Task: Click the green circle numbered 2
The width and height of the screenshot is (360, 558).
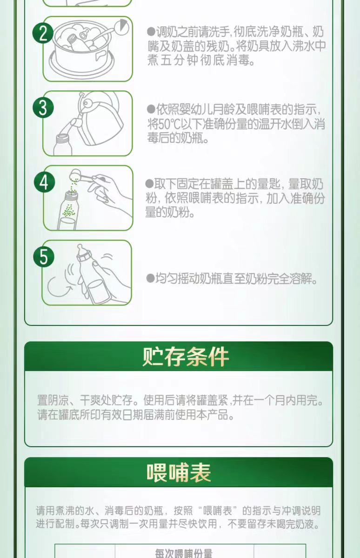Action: point(43,33)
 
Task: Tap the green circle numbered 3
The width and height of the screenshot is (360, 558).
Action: point(43,107)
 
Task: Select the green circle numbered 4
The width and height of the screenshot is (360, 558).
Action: point(44,182)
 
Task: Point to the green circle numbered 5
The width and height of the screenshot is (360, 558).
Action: point(44,257)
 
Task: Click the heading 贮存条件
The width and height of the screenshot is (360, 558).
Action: point(186,357)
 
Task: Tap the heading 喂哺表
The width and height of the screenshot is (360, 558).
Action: point(179,472)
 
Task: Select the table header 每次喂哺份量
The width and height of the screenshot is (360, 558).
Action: point(184,553)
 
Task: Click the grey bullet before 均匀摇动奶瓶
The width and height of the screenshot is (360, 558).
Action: point(151,278)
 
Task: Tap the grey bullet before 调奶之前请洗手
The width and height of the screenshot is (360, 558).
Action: point(151,32)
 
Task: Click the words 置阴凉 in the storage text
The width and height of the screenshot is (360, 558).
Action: point(53,400)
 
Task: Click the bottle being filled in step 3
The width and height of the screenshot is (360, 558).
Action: point(62,145)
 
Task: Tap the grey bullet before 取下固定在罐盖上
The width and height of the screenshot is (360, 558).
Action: point(149,184)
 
